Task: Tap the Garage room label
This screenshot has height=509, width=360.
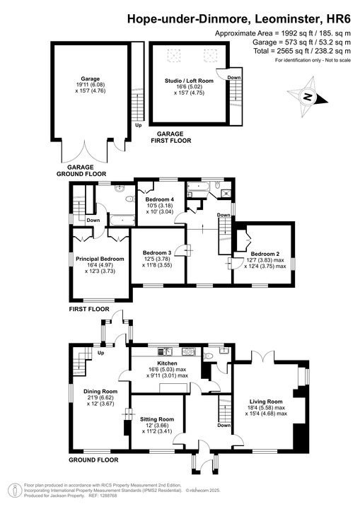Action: pos(90,78)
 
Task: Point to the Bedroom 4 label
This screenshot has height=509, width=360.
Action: pos(160,199)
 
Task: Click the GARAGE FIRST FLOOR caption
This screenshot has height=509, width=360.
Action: pos(170,137)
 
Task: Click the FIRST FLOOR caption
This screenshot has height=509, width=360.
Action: pos(89,309)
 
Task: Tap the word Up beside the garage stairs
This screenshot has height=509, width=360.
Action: pos(138,146)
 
